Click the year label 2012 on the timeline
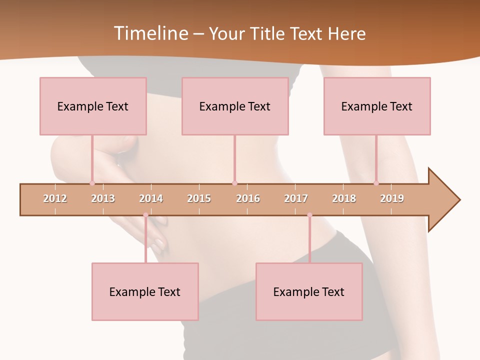tap(55, 198)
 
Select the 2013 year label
tap(103, 198)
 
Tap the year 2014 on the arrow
tap(151, 198)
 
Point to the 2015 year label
tap(199, 198)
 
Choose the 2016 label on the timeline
tap(248, 198)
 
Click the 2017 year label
tap(296, 198)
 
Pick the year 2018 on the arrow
tap(344, 198)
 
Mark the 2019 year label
tap(392, 198)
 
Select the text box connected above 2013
tap(93, 106)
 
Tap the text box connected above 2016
tap(235, 106)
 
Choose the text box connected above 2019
tap(377, 106)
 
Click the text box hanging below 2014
tap(145, 291)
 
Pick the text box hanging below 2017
tap(309, 291)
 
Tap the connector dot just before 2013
tap(92, 183)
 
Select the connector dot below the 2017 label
tap(309, 215)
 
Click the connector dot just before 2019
tap(376, 183)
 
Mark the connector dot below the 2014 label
tap(145, 215)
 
